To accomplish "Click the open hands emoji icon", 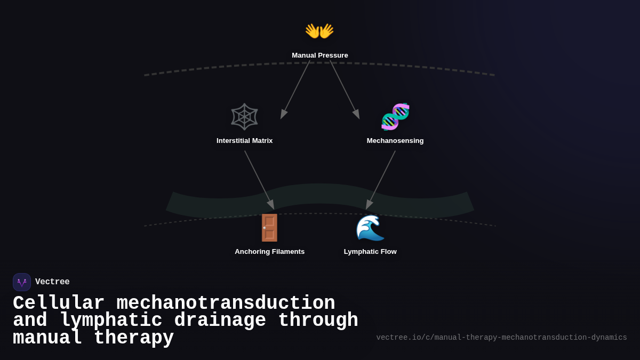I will (x=319, y=31).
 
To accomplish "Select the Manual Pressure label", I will (x=320, y=55).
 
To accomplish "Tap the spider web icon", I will (x=244, y=117).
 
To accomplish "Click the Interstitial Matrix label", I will (x=244, y=141).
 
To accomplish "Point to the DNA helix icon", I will (x=395, y=117).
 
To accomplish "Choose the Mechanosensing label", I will (x=395, y=141).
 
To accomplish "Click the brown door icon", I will (x=269, y=228).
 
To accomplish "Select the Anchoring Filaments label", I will (x=270, y=252).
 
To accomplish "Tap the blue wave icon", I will (x=370, y=228).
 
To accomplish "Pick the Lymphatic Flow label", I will (x=370, y=252).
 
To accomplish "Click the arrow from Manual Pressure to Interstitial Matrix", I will (x=295, y=89).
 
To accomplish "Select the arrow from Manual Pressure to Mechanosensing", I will (x=345, y=89).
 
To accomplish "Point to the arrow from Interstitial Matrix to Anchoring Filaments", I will (x=259, y=180).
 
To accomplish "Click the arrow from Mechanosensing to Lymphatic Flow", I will (x=381, y=180).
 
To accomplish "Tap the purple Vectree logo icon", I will (x=22, y=282).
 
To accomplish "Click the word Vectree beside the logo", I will (x=52, y=282).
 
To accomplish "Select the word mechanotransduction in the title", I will (x=226, y=303).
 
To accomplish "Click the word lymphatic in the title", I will (x=111, y=321).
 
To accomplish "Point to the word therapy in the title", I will (x=134, y=338).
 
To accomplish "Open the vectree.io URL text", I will (x=501, y=338).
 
